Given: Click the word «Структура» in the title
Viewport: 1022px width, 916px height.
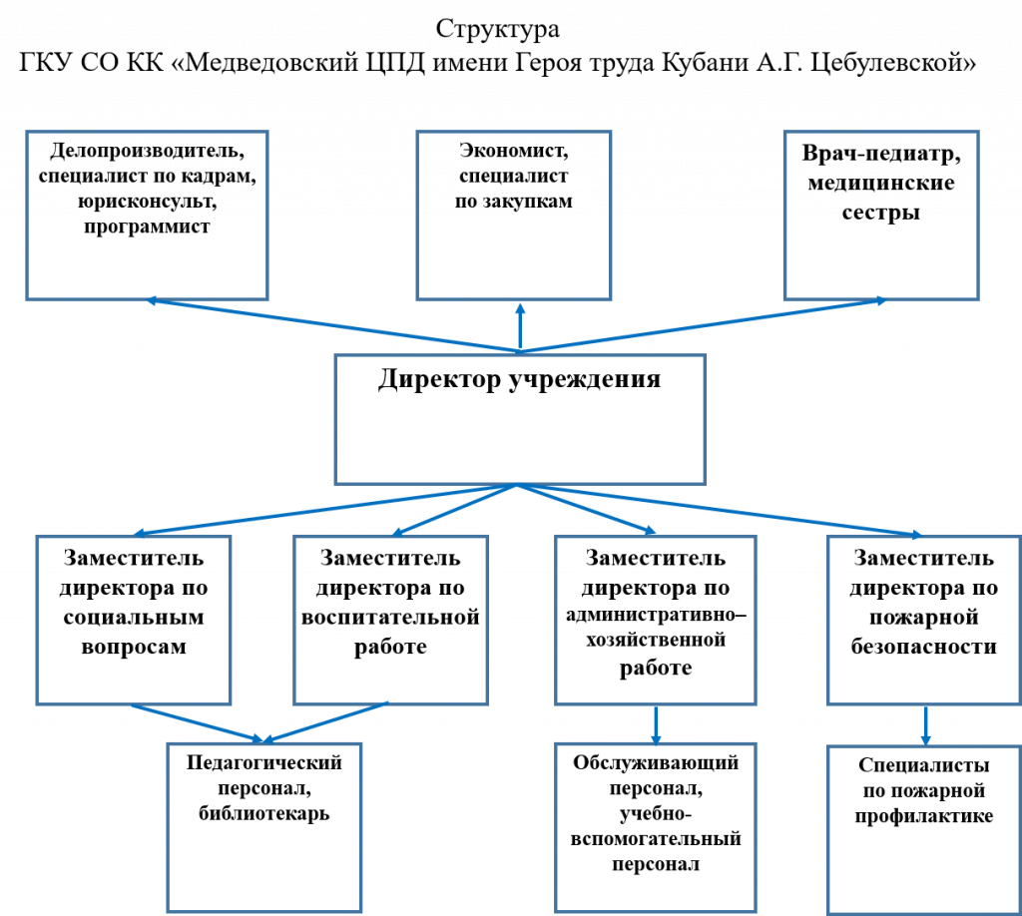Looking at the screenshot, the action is [497, 30].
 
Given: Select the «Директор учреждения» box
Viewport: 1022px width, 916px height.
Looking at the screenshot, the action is [520, 419].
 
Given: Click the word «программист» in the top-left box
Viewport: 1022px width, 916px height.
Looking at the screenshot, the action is [147, 228].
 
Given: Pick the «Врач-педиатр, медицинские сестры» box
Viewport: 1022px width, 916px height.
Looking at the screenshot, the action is [881, 215].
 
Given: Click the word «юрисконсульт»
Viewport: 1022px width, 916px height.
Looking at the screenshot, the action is [148, 202].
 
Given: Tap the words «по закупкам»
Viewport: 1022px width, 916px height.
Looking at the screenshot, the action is [514, 202].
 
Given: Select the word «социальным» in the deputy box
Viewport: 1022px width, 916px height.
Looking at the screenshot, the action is [134, 617].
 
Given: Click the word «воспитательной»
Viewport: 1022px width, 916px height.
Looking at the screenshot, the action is [390, 617].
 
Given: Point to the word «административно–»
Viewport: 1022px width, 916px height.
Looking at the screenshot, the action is [656, 615].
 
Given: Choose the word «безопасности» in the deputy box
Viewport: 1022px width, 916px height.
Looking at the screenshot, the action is [923, 647].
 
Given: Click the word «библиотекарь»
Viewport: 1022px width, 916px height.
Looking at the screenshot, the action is [263, 813].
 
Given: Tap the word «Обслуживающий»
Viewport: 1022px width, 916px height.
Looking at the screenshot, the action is [656, 763].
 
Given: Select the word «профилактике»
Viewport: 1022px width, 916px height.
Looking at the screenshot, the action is [924, 816].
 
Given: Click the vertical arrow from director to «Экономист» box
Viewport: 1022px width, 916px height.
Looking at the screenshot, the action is [520, 327].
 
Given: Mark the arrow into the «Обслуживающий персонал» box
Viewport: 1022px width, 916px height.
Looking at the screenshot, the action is [656, 724].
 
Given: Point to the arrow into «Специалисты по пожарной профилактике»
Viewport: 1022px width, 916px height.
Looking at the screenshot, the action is [925, 725].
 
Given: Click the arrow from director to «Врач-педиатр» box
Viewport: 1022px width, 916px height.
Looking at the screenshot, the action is [704, 325].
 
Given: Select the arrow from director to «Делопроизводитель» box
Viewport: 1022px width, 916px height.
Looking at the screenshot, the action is [333, 325].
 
